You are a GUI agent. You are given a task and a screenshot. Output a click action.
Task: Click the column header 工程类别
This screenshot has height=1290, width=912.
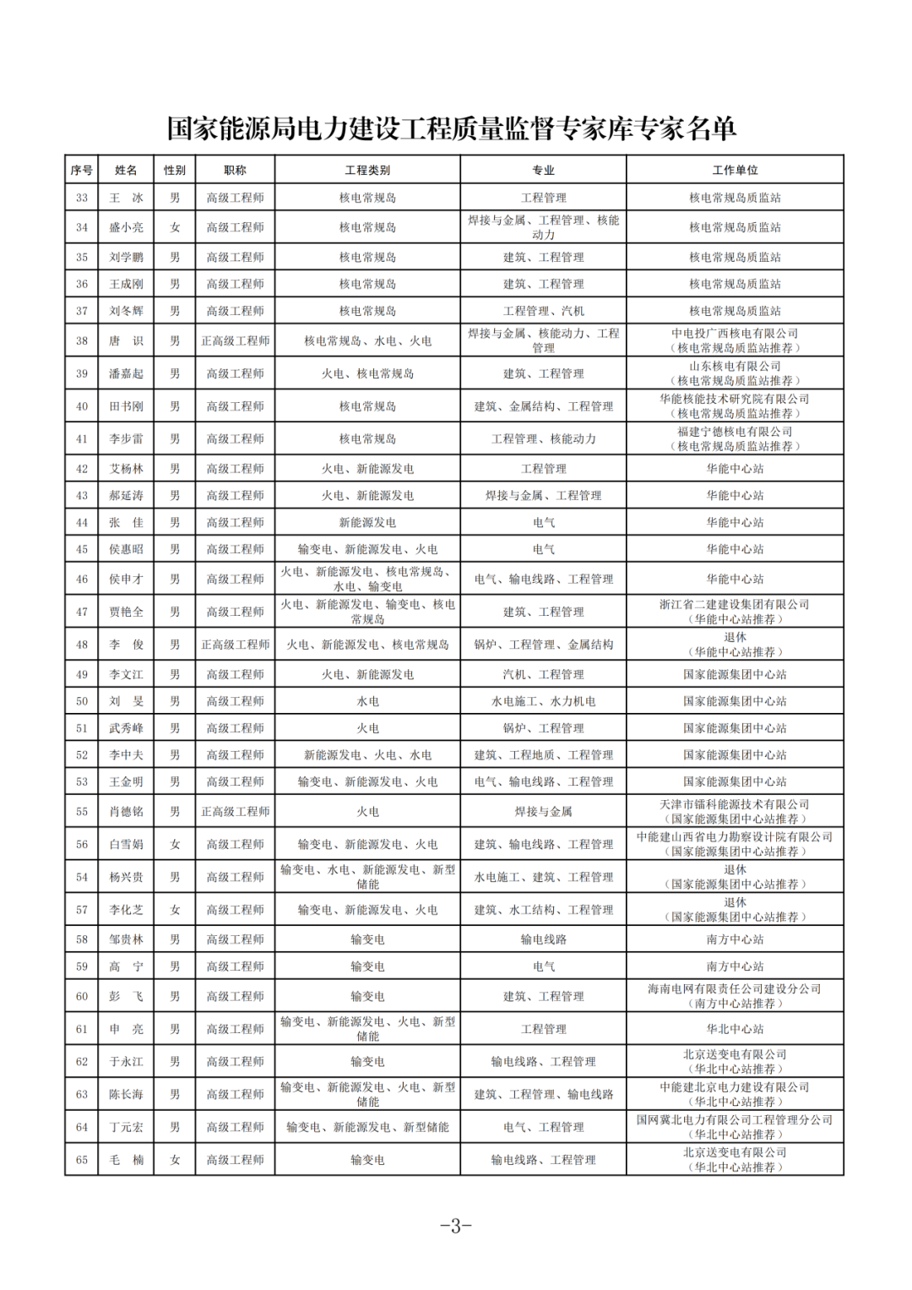click(367, 170)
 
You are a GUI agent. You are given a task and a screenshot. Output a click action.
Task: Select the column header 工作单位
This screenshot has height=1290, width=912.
click(735, 170)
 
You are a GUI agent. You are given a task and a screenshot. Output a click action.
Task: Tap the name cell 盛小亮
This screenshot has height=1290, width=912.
click(126, 227)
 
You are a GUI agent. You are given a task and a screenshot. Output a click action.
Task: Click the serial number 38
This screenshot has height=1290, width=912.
click(82, 340)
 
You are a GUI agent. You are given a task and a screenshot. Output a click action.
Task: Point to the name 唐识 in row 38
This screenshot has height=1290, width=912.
click(126, 340)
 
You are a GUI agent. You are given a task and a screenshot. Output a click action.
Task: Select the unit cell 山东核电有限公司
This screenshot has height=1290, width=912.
click(735, 373)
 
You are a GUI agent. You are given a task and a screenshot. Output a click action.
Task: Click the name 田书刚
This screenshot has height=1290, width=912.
click(126, 406)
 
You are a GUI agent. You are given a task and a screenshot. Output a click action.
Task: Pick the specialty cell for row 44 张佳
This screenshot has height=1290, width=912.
click(543, 522)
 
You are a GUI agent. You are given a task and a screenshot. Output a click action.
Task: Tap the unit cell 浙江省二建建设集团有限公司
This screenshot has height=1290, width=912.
click(735, 612)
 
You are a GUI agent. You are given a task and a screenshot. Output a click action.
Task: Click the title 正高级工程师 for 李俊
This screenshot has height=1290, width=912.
click(235, 645)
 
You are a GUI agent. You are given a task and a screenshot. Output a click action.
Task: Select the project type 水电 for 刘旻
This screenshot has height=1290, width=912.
click(367, 701)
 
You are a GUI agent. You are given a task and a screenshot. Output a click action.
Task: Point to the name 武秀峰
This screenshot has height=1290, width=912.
click(126, 728)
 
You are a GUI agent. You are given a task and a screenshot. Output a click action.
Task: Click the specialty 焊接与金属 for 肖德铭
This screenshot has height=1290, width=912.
click(543, 811)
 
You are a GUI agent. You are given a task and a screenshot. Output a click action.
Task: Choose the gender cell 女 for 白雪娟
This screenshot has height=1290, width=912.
click(175, 844)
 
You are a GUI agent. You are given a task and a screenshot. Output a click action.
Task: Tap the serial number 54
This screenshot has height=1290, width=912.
click(82, 877)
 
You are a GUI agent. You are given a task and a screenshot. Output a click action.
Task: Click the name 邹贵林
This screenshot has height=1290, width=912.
click(126, 939)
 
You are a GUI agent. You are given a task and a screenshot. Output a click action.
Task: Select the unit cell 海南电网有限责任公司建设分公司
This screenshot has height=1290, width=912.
click(735, 996)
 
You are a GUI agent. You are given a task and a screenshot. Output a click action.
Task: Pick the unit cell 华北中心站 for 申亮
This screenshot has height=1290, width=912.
click(735, 1029)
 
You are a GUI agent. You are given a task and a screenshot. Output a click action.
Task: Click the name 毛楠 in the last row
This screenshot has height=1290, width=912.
click(126, 1160)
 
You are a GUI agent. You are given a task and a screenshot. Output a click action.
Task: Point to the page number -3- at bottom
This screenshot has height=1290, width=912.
click(455, 1226)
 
